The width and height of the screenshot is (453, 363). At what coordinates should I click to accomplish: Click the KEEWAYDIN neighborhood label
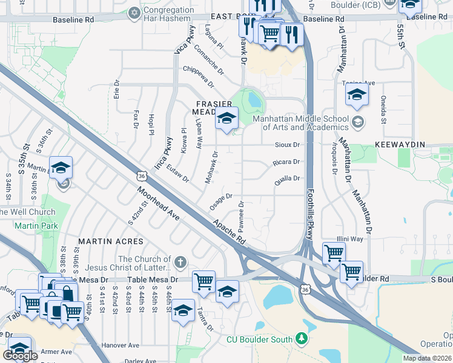tap(400, 145)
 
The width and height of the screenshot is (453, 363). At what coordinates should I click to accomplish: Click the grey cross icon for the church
tap(179, 263)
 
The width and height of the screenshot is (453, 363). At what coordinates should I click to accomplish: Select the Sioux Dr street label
tap(287, 145)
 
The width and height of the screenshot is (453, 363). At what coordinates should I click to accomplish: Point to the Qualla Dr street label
tap(288, 178)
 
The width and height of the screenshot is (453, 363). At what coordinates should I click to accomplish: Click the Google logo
tap(20, 356)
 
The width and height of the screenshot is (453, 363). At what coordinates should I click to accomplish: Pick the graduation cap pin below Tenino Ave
tap(357, 96)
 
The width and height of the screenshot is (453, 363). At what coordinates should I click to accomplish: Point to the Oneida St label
tap(383, 110)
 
